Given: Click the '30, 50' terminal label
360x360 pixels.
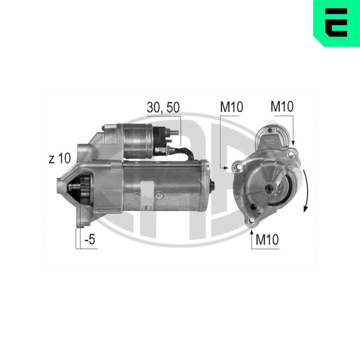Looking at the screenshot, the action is [x=163, y=107].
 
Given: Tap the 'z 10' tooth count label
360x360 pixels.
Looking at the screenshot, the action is [x=60, y=158].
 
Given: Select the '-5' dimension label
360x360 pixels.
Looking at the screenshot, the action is [x=90, y=239].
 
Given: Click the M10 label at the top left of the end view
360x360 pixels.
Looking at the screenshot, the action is [x=231, y=107].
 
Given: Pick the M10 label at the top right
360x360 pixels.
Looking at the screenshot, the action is [x=282, y=106].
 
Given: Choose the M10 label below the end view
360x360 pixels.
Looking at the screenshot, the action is [x=267, y=239].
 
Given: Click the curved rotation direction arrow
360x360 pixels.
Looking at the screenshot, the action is [x=306, y=190].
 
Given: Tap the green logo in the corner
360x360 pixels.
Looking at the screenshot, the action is [x=337, y=23].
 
